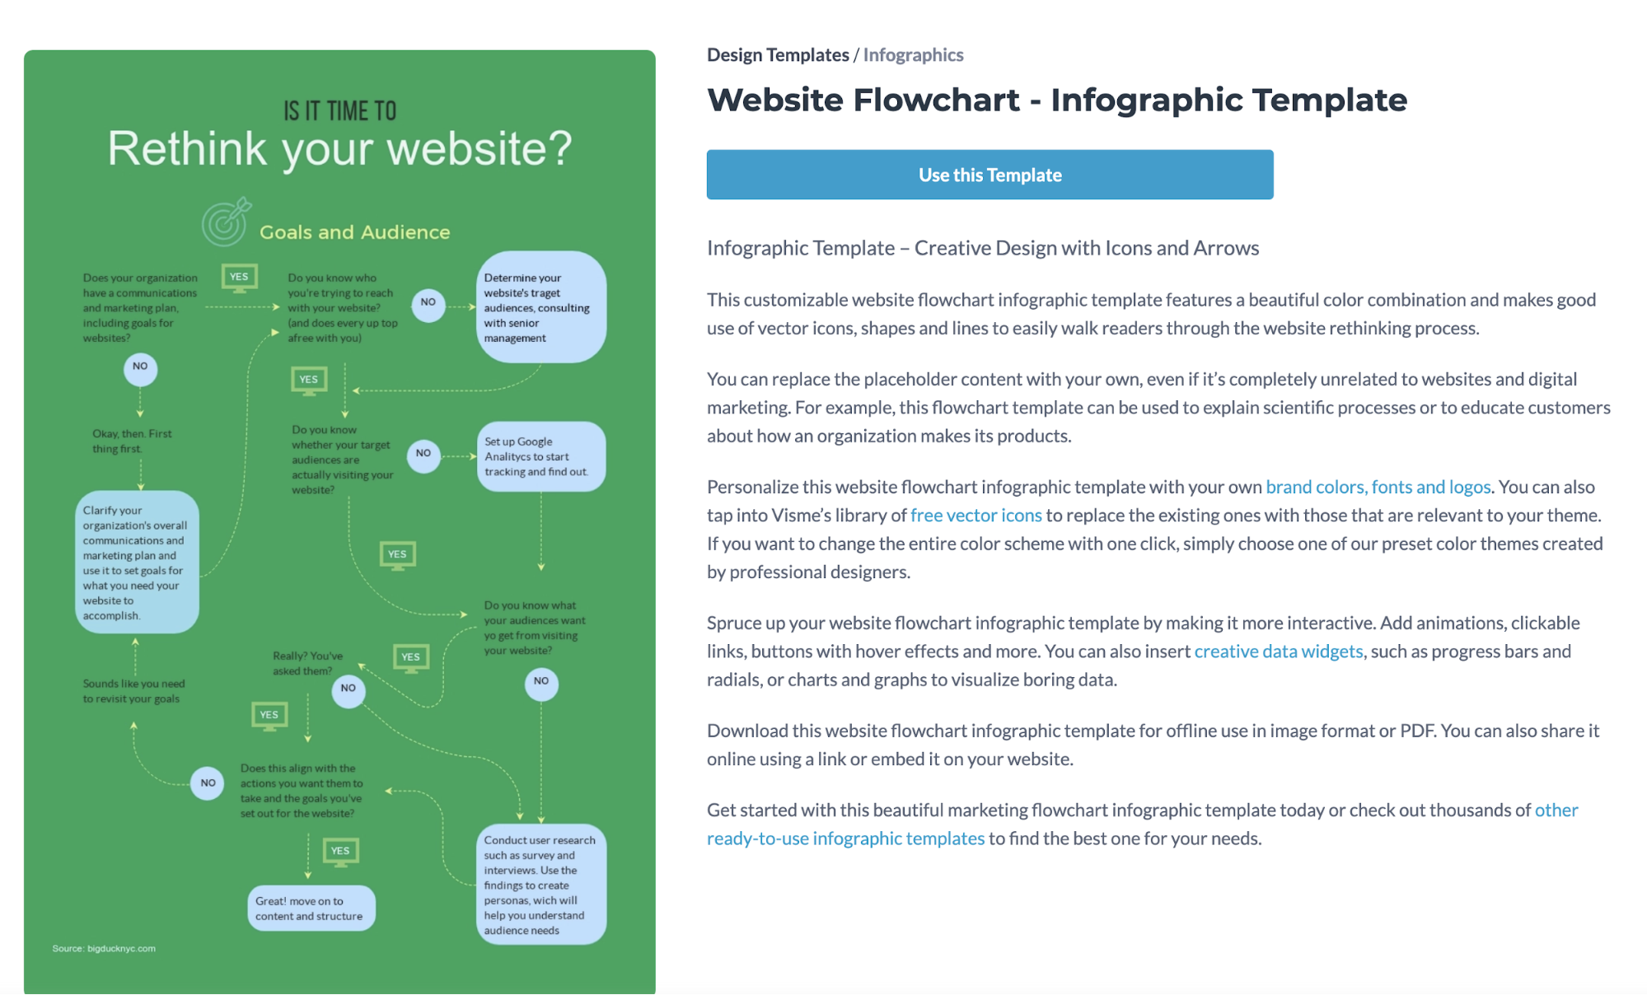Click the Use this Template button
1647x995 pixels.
click(990, 175)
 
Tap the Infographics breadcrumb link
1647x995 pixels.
click(913, 55)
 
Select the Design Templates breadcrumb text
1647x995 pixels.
click(778, 55)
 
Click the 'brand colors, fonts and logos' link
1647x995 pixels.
click(1378, 487)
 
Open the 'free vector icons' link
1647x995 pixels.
click(976, 516)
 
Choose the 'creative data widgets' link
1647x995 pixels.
click(1278, 652)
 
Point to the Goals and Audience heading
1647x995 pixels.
click(354, 232)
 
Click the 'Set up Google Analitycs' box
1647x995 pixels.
click(540, 457)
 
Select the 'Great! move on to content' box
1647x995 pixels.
click(311, 909)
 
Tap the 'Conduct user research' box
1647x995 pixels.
click(540, 885)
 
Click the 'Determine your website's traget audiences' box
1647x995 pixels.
click(540, 307)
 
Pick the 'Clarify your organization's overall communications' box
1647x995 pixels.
click(137, 563)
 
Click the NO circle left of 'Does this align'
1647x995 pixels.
click(208, 783)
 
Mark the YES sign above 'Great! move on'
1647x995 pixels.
click(340, 852)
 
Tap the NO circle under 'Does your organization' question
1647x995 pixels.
click(140, 367)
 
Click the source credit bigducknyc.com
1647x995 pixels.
click(104, 949)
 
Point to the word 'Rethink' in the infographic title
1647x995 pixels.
click(187, 149)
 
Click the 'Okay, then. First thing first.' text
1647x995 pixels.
click(132, 441)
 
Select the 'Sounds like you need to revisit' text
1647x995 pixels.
click(133, 691)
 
